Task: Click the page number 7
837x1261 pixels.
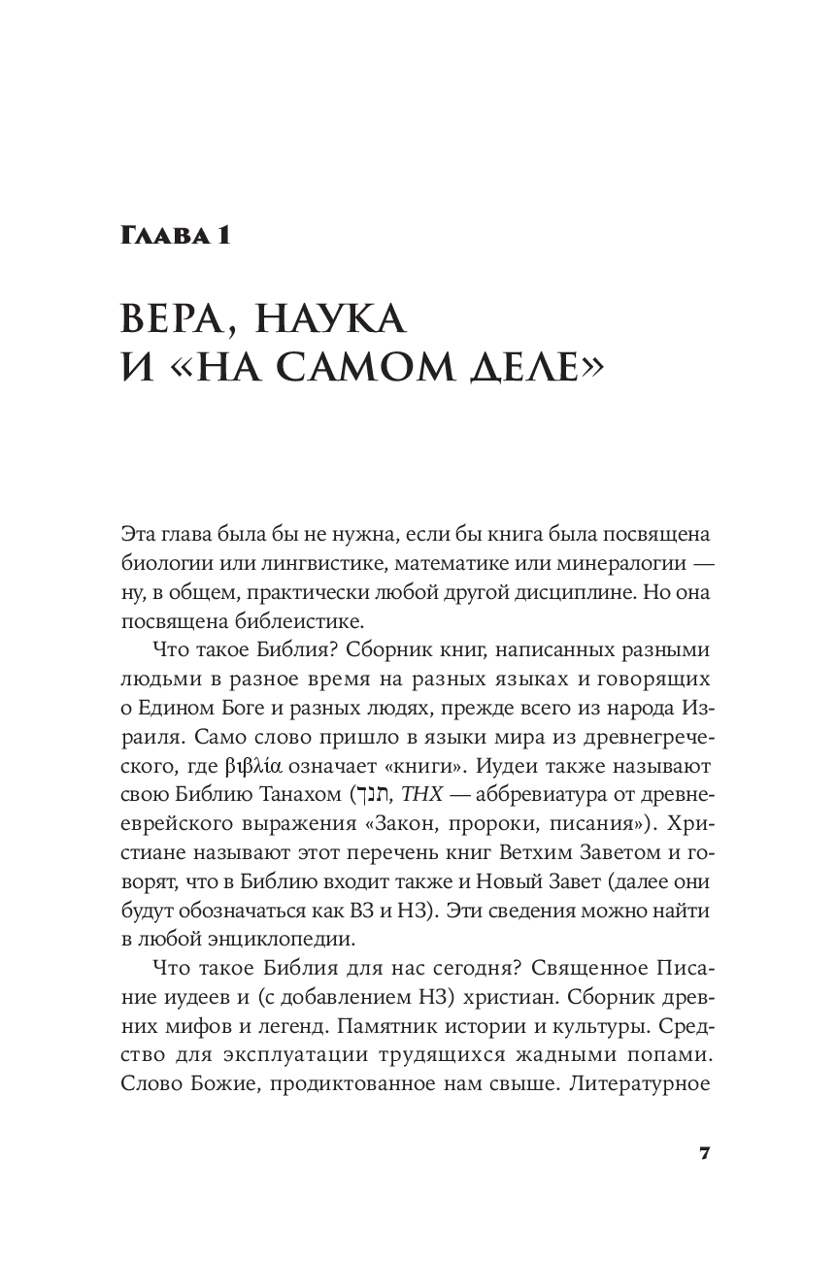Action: point(706,1153)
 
